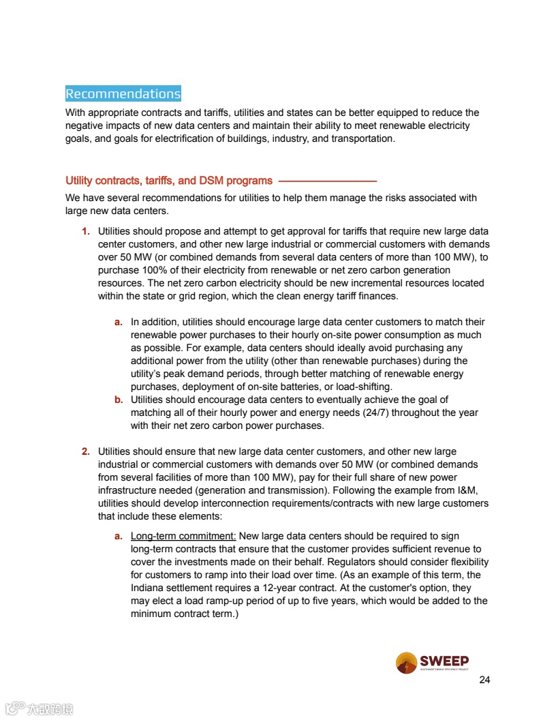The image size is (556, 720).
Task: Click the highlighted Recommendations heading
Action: click(123, 93)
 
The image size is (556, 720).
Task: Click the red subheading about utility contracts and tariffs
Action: click(168, 181)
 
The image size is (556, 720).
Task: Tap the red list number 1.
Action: click(86, 232)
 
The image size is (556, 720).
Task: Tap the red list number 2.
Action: click(86, 451)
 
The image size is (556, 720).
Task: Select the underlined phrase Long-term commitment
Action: click(183, 537)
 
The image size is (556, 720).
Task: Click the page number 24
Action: click(484, 680)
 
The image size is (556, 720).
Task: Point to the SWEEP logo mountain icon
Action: click(406, 663)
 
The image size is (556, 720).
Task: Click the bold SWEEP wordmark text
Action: click(444, 660)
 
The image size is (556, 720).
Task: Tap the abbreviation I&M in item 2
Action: click(476, 490)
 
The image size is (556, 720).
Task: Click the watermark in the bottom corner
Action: click(40, 709)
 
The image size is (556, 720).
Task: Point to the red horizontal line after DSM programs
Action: click(328, 181)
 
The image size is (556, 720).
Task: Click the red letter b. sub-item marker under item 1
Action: click(119, 400)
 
